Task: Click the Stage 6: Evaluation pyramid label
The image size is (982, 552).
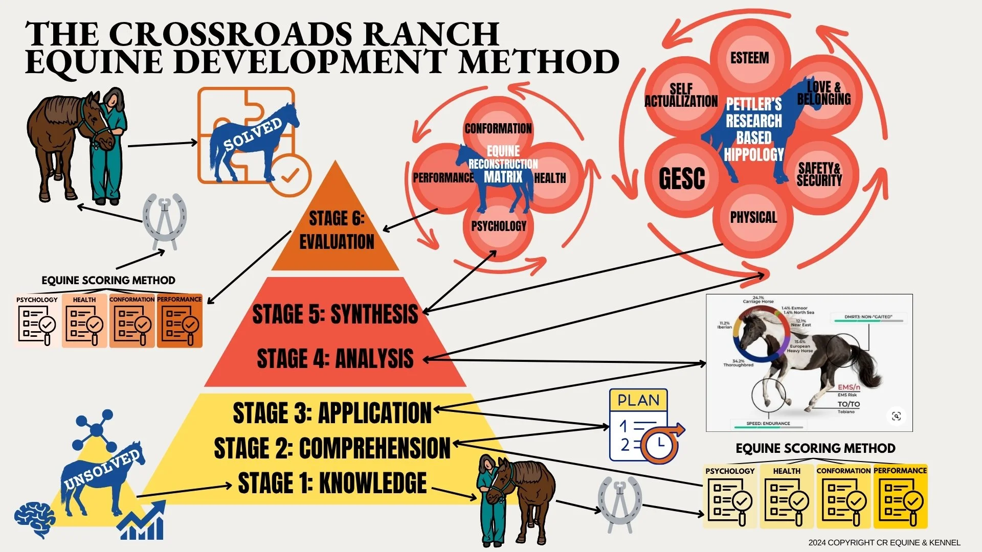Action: point(337,230)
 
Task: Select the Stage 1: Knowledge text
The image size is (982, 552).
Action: point(332,484)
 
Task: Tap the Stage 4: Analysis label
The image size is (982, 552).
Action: point(335,359)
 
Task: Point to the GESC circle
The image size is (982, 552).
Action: point(682,178)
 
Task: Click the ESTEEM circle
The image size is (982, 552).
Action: point(749,58)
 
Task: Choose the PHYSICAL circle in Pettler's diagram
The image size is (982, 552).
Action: point(753,218)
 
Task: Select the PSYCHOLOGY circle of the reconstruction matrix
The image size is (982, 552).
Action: point(499,226)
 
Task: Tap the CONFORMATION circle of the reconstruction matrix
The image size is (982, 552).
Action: point(498,128)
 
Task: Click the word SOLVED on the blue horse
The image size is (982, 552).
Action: point(253,135)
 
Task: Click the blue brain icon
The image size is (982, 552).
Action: point(34,518)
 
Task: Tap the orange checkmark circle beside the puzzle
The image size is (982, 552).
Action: point(290,175)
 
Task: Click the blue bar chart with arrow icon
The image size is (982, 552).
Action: point(143,521)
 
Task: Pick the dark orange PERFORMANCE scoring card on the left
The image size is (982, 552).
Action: point(180,321)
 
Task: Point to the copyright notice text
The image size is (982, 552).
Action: point(884,542)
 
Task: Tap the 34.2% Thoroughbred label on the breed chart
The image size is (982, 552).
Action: point(738,363)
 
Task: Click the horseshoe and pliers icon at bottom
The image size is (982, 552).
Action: point(619,503)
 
